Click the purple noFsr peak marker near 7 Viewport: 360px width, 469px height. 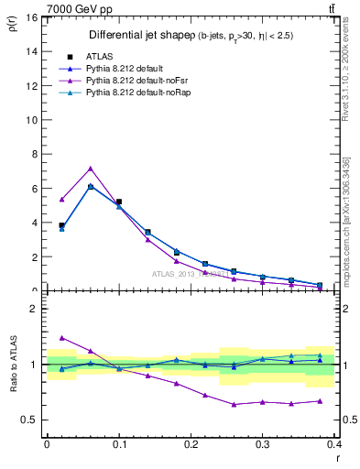click(91, 168)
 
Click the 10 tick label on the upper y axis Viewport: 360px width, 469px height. click(34, 120)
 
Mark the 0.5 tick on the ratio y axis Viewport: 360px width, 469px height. click(32, 420)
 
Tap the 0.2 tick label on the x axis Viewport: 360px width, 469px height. click(191, 443)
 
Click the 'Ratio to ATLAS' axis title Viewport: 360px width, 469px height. click(15, 364)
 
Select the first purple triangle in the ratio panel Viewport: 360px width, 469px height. click(61, 337)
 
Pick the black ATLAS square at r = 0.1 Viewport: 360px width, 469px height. click(119, 202)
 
